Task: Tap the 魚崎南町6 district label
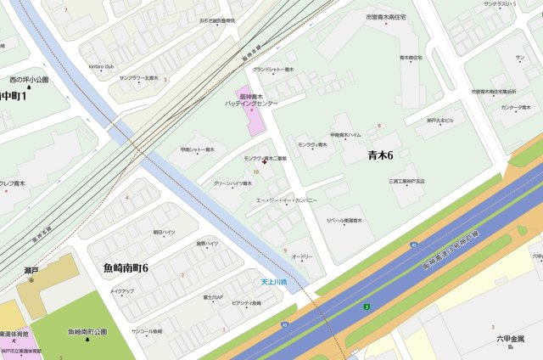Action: (126, 268)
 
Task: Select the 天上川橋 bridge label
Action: (273, 282)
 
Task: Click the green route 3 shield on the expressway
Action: (366, 307)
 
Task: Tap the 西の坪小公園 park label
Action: (29, 80)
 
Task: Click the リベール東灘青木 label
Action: (344, 220)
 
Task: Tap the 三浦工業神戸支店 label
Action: (406, 181)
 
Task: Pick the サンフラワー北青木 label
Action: (138, 78)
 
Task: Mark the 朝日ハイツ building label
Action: (164, 232)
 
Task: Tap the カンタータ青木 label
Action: (515, 108)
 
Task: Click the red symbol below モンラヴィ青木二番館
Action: (264, 164)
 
